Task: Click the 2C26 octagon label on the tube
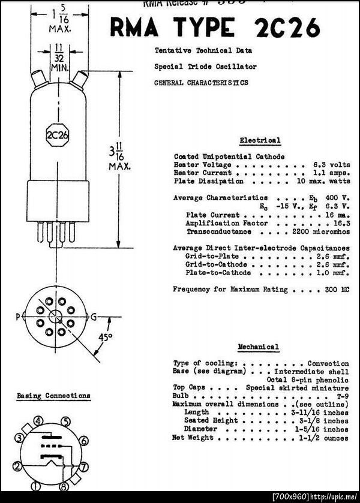[x=57, y=135]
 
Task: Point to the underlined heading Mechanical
[x=258, y=347]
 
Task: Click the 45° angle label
[x=105, y=338]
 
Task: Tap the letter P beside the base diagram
[x=18, y=316]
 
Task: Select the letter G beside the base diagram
[x=93, y=316]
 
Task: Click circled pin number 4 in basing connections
[x=38, y=421]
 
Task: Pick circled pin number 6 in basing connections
[x=84, y=441]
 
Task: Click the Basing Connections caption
[x=53, y=396]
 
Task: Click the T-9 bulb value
[x=341, y=396]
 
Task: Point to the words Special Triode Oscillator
[x=205, y=67]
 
